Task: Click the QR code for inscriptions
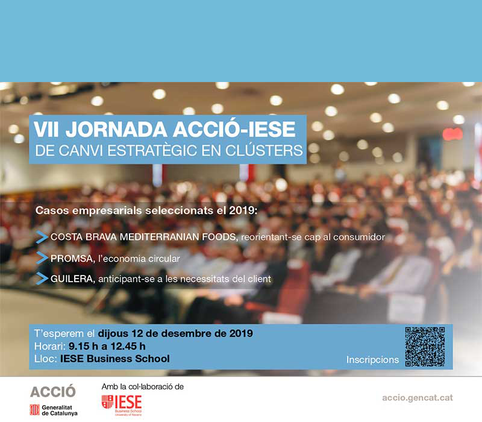coord(425,347)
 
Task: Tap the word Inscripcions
coord(372,359)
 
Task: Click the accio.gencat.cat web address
coord(418,398)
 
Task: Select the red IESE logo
coord(122,405)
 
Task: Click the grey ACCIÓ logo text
coord(53,391)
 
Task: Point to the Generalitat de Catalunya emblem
coord(34,410)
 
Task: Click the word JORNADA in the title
coord(116,130)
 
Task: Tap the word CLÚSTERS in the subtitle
coord(264,151)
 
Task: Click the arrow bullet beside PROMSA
coord(42,258)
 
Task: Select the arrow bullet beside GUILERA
coord(42,279)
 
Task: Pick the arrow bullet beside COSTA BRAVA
coord(42,237)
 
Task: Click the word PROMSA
coord(72,259)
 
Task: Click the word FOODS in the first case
coord(220,237)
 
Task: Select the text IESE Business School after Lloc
coord(115,359)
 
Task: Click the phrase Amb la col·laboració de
coord(143,386)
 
